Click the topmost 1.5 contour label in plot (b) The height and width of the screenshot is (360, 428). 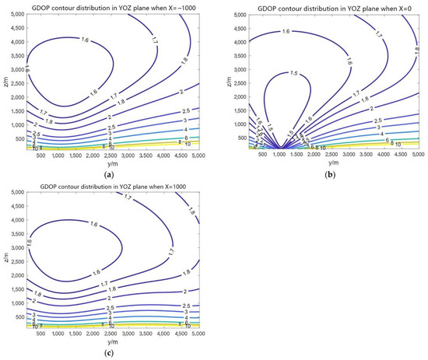(292, 73)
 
